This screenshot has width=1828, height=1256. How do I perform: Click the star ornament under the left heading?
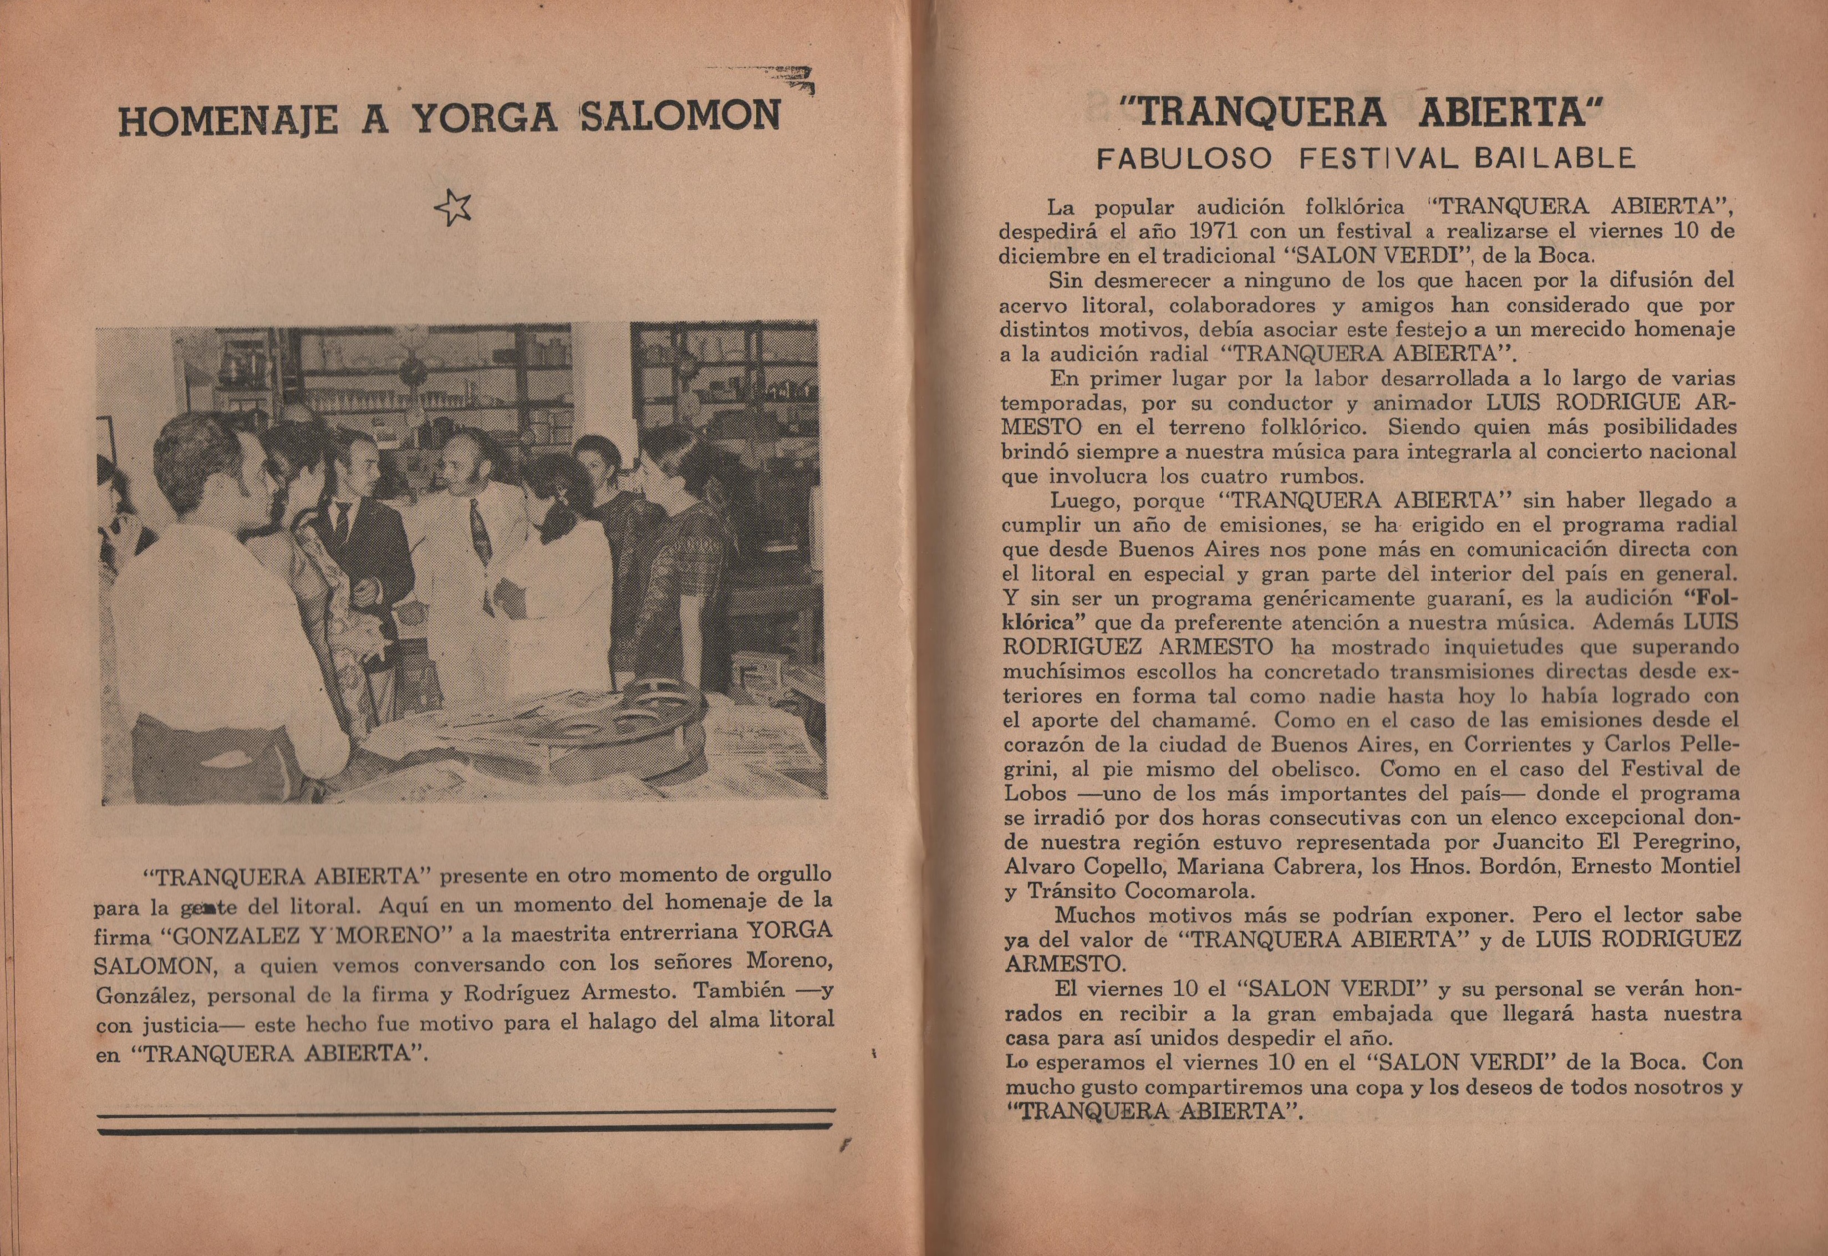coord(454,208)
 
